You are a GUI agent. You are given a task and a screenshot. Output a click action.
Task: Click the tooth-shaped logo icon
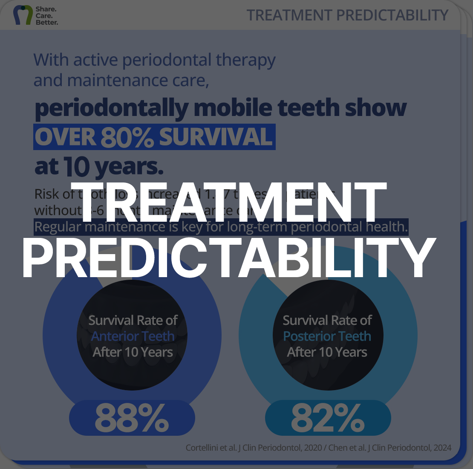click(x=22, y=15)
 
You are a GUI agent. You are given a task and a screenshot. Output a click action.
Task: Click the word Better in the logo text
click(x=47, y=22)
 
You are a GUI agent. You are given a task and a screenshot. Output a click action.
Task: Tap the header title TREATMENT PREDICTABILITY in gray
click(x=347, y=15)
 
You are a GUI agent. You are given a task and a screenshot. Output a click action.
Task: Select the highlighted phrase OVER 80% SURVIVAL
click(x=154, y=137)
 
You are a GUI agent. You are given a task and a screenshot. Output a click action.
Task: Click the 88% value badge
click(x=132, y=418)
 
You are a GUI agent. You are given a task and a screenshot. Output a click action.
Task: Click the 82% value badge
click(x=328, y=418)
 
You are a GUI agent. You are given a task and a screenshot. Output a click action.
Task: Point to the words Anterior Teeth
click(x=133, y=336)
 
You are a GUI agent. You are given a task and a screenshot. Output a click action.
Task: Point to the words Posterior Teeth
click(x=327, y=336)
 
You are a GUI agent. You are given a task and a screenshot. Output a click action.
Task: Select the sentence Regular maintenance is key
click(x=221, y=227)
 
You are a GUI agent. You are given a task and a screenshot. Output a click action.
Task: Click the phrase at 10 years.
click(x=99, y=167)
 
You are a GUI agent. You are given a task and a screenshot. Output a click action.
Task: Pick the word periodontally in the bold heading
click(x=111, y=108)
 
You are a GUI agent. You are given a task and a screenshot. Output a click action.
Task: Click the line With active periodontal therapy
click(x=154, y=60)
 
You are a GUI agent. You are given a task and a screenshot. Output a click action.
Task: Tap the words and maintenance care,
click(x=121, y=80)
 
